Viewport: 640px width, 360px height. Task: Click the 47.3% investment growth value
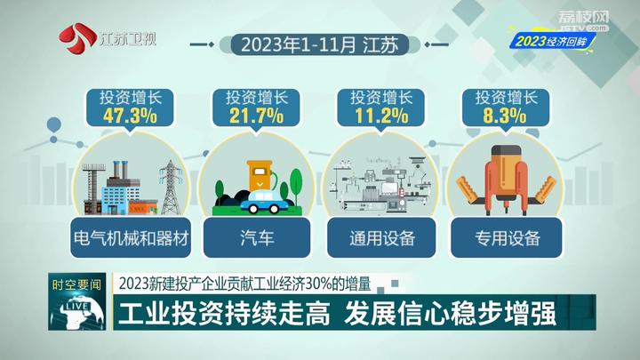point(130,116)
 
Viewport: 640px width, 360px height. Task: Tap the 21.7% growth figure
point(256,116)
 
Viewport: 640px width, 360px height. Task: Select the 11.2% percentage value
point(381,116)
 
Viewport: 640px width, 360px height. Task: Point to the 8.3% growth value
point(505,116)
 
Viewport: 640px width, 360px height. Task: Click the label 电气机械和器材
point(131,238)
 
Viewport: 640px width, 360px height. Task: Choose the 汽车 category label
point(257,238)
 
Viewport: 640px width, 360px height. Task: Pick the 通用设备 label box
point(381,238)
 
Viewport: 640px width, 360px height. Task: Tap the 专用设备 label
point(507,238)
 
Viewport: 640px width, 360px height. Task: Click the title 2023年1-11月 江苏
point(320,45)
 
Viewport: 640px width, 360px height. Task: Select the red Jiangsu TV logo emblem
point(76,39)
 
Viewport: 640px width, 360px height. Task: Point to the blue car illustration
point(260,202)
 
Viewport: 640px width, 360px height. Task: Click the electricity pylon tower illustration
point(171,187)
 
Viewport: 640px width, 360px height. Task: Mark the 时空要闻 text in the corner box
point(76,284)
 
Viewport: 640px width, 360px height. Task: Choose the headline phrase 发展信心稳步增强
point(450,313)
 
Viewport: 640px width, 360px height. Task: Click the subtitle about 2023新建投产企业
point(245,284)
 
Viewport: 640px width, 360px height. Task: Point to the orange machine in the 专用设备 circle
point(506,179)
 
